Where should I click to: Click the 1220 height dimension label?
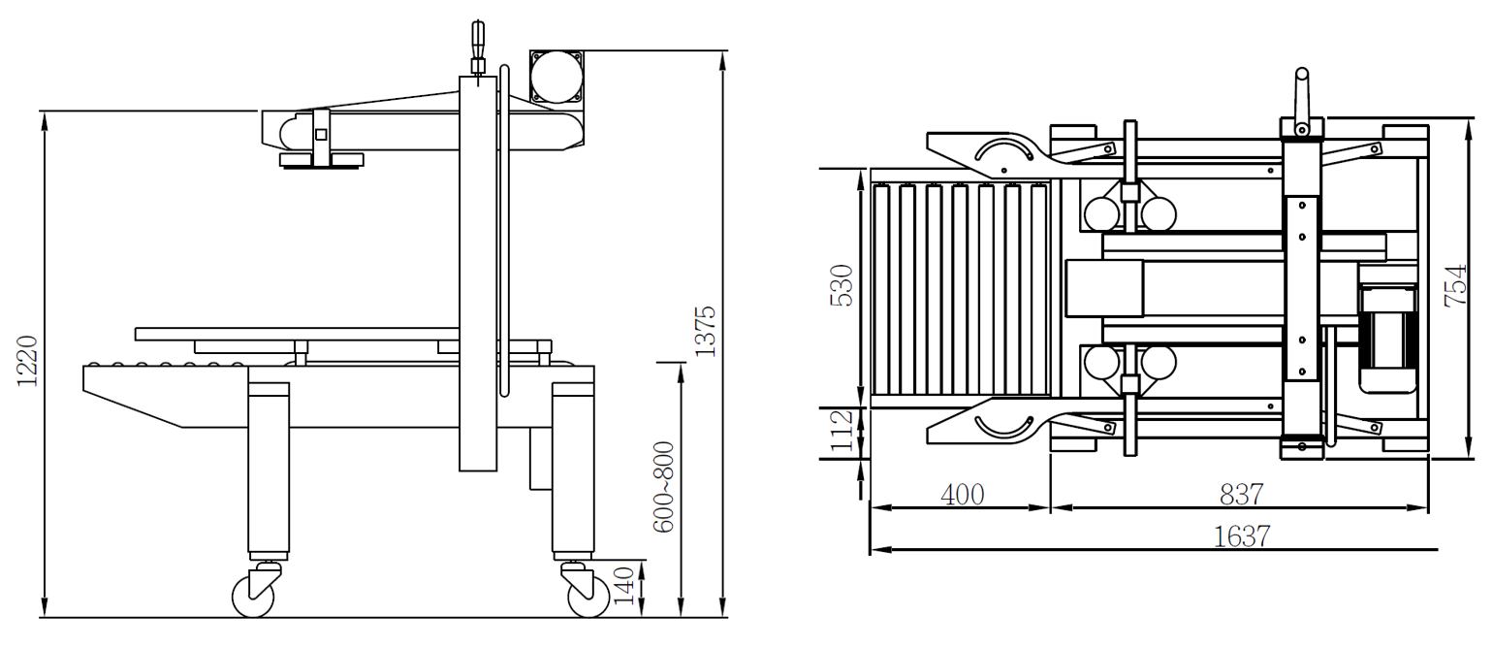click(x=27, y=361)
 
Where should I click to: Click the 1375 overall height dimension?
click(x=705, y=332)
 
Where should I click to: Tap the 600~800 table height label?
click(x=663, y=487)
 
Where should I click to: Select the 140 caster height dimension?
click(x=624, y=586)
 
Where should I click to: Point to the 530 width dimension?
click(x=842, y=285)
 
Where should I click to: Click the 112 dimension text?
click(x=842, y=431)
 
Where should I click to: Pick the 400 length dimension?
click(x=962, y=495)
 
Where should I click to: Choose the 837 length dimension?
click(x=1241, y=495)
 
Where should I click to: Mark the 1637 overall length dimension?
click(x=1242, y=536)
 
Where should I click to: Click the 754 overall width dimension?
click(x=1456, y=285)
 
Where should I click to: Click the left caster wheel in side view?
click(x=253, y=596)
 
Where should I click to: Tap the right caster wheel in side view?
click(x=588, y=596)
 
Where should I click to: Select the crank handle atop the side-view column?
click(x=478, y=48)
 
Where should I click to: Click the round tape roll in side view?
click(x=556, y=77)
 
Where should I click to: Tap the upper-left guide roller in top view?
click(x=1101, y=214)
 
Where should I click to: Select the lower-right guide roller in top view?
click(x=1159, y=364)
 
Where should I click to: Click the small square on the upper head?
click(x=321, y=134)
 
